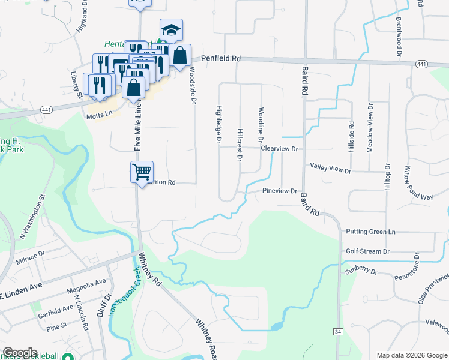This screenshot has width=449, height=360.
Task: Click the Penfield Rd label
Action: click(221, 59)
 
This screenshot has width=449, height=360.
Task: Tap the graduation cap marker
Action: click(171, 30)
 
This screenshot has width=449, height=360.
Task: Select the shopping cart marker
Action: click(142, 172)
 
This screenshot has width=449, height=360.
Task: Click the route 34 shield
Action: click(337, 331)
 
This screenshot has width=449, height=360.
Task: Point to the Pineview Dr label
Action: click(280, 191)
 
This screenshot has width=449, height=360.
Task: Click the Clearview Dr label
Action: click(279, 148)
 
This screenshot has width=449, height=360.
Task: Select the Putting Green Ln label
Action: click(370, 232)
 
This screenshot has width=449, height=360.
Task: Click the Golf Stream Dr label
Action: click(367, 251)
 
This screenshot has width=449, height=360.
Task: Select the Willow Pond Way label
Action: click(410, 183)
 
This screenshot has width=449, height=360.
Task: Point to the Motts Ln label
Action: click(100, 113)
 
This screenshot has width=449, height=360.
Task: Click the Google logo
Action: click(20, 352)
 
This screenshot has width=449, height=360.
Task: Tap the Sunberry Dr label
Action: click(360, 271)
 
